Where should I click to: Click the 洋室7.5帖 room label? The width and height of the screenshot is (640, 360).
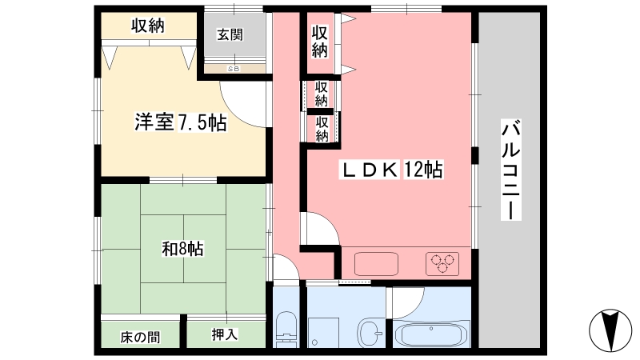point(181,122)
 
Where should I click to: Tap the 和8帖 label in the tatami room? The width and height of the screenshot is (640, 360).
point(182,248)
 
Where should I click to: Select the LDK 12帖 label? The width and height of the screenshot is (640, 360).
point(391,170)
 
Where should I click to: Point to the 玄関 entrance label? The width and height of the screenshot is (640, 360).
point(230,34)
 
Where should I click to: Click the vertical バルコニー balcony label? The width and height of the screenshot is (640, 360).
point(510,170)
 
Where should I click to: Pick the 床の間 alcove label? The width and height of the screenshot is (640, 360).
point(140,337)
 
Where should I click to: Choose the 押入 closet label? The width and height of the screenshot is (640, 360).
point(225,334)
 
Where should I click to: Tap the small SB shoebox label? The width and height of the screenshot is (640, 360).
point(234,69)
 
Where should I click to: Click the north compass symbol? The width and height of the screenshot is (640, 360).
point(610,330)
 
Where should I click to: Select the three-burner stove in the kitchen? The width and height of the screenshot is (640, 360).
point(442,264)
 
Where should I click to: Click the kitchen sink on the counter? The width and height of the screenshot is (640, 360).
point(376,264)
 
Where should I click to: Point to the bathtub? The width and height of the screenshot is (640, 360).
point(432,333)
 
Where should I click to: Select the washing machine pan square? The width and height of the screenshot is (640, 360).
point(323,333)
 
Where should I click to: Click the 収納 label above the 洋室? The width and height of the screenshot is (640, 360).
point(147,26)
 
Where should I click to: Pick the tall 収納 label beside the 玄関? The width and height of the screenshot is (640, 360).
point(320,42)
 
